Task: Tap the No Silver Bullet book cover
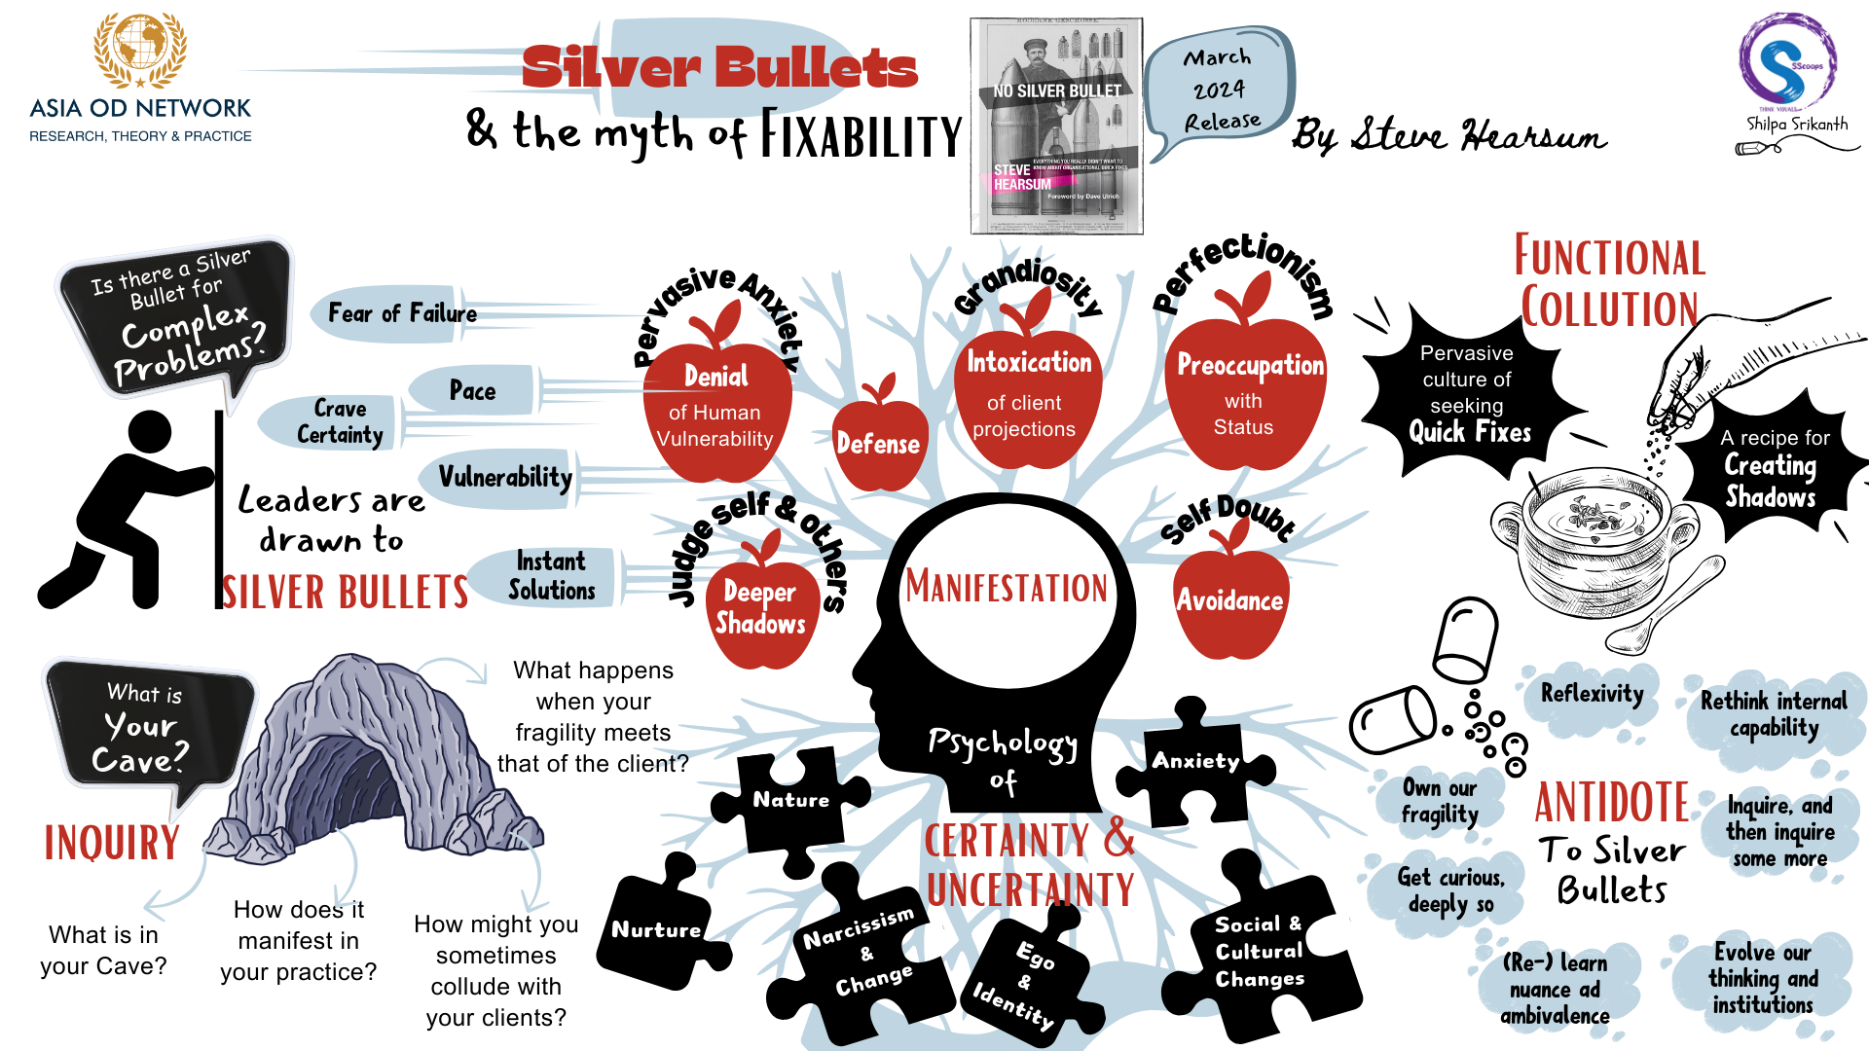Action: [1056, 127]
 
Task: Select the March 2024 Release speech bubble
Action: [1219, 90]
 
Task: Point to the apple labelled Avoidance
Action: [1230, 601]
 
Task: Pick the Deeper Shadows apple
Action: [760, 609]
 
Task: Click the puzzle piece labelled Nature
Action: [789, 802]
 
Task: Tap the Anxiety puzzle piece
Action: [1195, 765]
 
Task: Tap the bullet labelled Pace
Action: [472, 390]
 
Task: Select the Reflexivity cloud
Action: [1591, 694]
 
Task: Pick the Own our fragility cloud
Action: [1439, 800]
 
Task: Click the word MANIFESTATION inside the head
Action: [1007, 587]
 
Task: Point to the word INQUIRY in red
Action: [112, 843]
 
